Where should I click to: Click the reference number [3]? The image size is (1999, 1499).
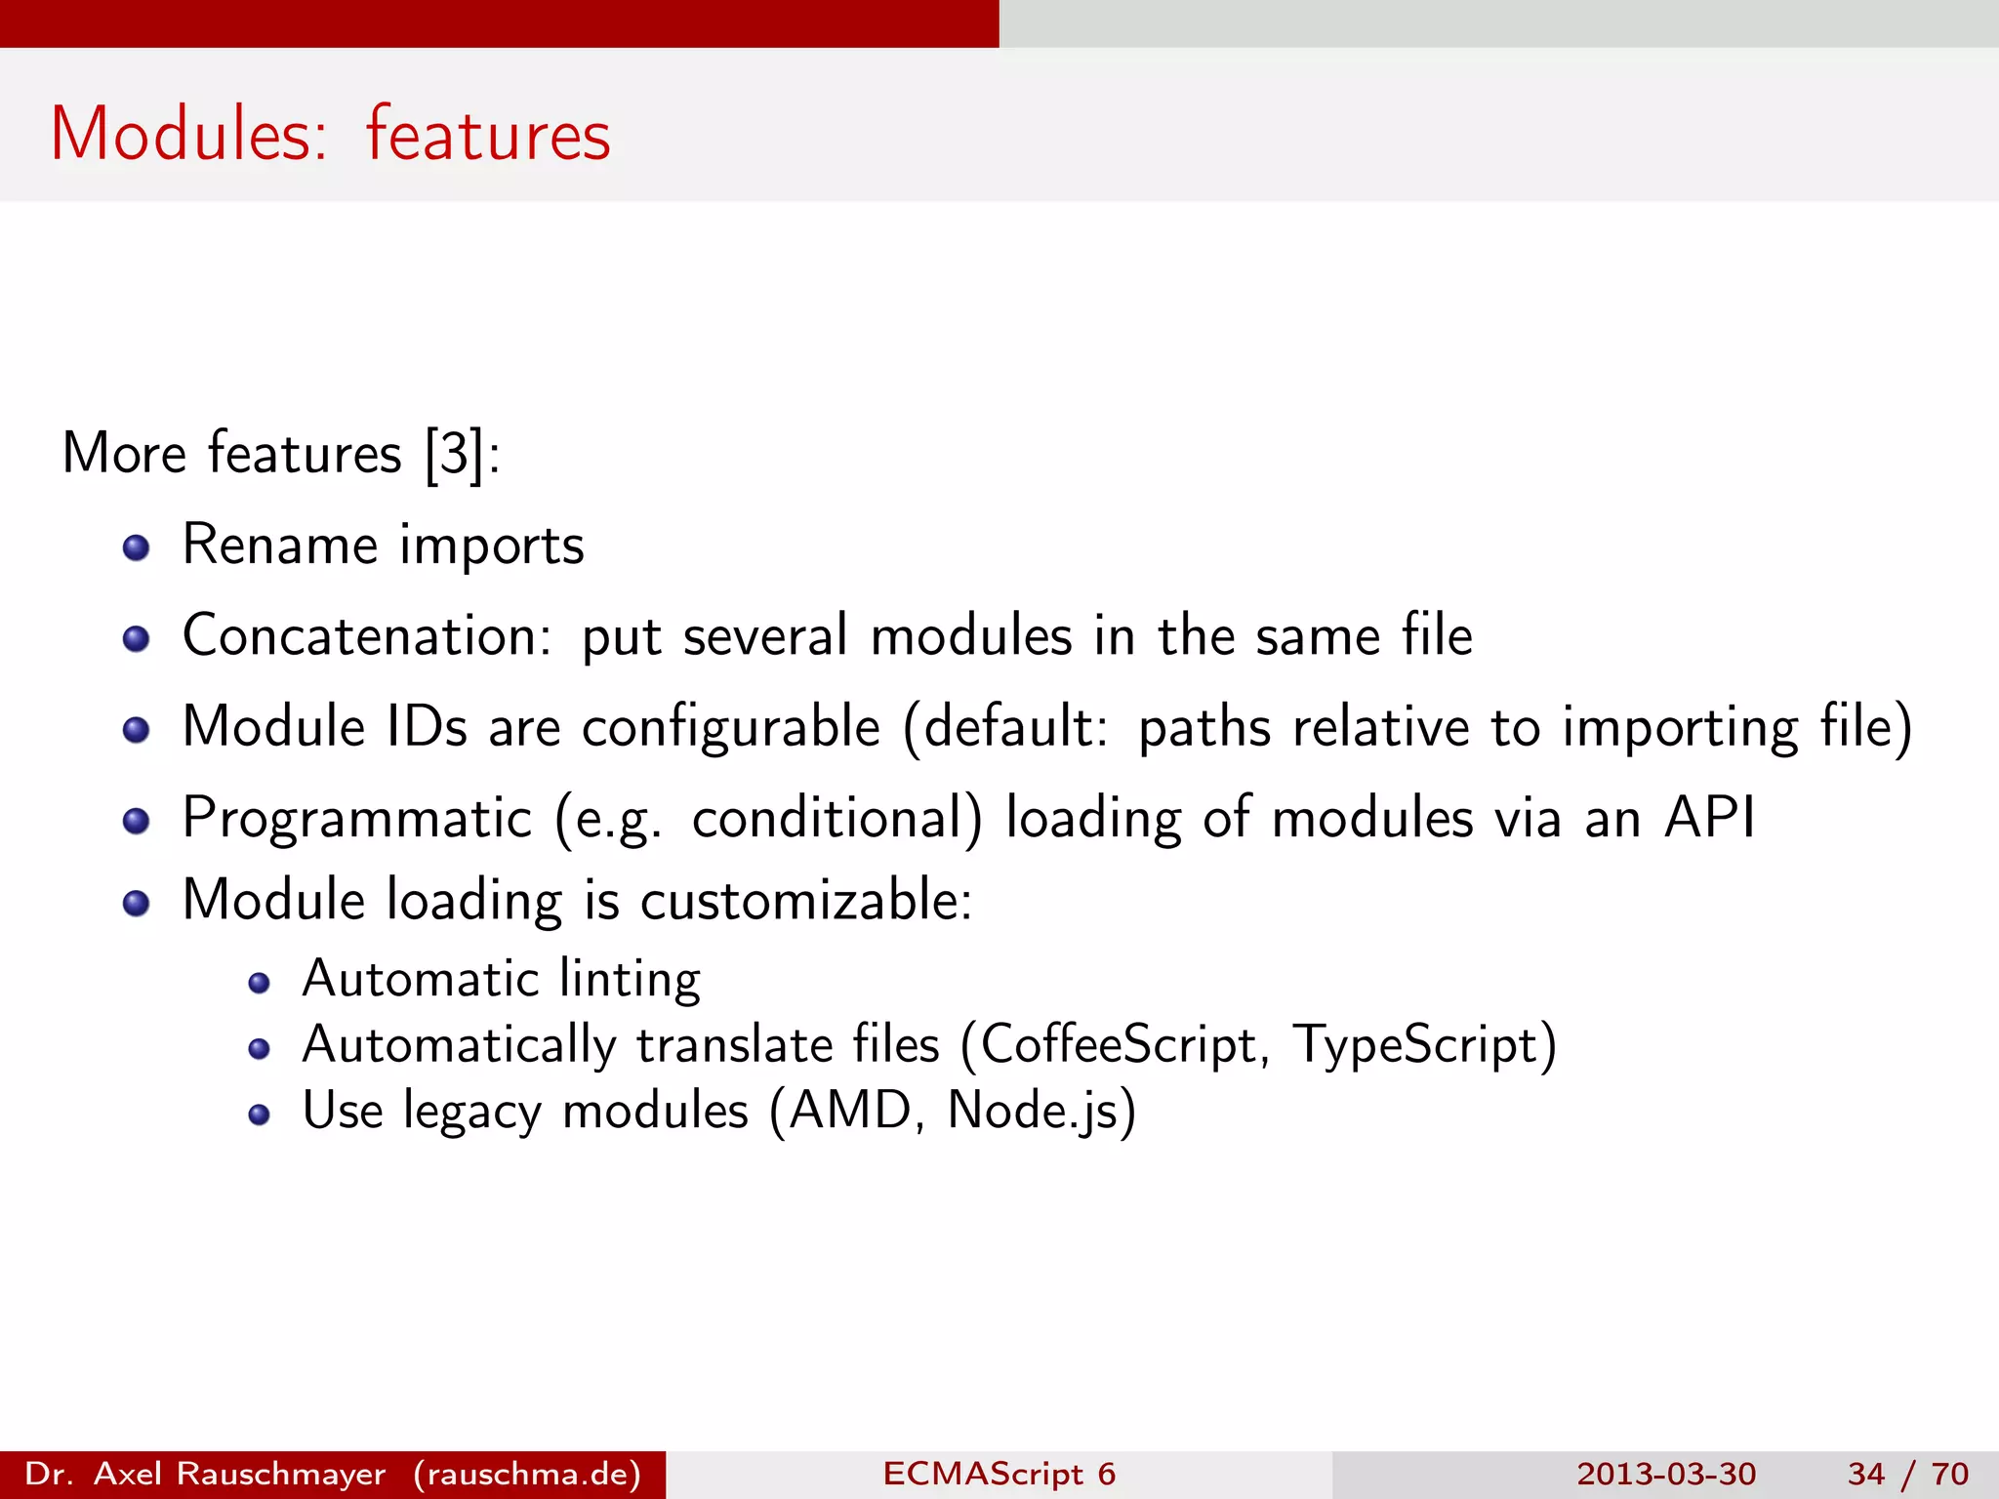click(x=455, y=454)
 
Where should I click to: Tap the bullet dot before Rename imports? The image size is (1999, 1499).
click(x=137, y=547)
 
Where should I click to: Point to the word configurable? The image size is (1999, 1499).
click(x=731, y=728)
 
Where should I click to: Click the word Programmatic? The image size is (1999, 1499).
click(x=357, y=818)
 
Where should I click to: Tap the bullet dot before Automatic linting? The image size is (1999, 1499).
click(x=259, y=983)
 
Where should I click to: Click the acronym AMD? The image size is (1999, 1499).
click(x=849, y=1111)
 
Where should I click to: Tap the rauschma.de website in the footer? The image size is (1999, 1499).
click(x=527, y=1474)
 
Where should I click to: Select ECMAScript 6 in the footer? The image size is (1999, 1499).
click(x=999, y=1474)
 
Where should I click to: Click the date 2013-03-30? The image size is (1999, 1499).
click(x=1666, y=1474)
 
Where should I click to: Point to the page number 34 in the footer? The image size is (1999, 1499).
click(x=1865, y=1474)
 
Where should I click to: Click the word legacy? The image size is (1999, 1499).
click(x=471, y=1113)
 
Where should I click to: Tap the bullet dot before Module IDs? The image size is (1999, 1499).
click(x=137, y=730)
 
